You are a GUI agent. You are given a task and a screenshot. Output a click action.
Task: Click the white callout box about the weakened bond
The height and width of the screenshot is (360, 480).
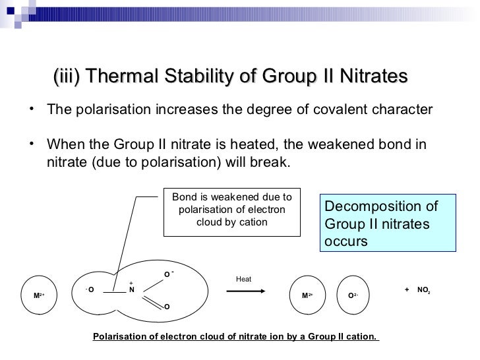tap(231, 210)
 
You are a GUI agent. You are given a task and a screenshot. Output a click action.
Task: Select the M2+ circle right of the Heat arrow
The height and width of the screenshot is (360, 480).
tap(307, 295)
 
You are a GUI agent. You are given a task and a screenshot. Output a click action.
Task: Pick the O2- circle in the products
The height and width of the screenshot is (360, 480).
tap(353, 295)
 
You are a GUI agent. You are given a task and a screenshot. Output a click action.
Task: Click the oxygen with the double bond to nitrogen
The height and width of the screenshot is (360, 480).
tap(166, 307)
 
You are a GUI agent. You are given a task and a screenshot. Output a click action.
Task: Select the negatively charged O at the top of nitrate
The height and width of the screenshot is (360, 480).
tap(167, 274)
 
